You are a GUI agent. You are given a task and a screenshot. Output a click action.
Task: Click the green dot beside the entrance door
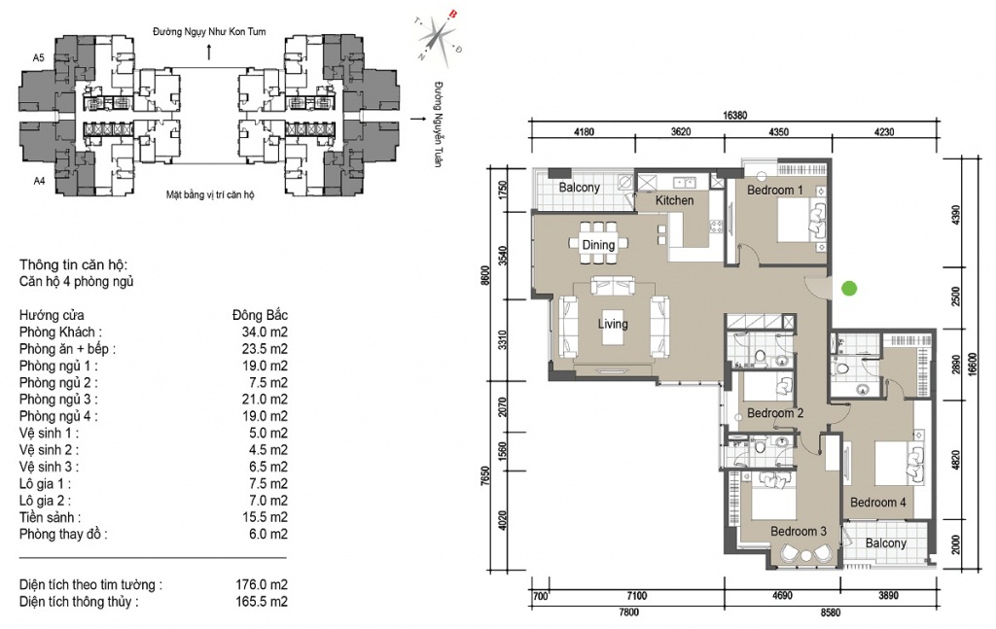click(x=849, y=289)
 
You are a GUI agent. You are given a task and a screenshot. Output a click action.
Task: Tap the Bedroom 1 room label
click(x=775, y=190)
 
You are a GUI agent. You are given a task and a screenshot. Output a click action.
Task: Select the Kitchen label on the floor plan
click(x=675, y=200)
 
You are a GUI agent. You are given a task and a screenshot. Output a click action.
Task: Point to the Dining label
click(x=598, y=245)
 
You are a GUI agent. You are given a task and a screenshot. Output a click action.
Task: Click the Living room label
click(x=613, y=324)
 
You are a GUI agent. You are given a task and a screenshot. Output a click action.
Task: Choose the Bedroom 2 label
click(x=775, y=413)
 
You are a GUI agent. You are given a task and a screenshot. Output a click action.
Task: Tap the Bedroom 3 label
click(x=799, y=531)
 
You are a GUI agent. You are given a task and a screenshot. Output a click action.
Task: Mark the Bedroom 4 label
click(x=878, y=503)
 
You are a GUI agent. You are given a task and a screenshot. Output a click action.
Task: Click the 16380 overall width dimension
click(x=735, y=116)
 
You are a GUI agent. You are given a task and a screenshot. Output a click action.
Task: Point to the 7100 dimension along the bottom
click(x=636, y=595)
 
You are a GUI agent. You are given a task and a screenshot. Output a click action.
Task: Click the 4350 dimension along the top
click(x=779, y=132)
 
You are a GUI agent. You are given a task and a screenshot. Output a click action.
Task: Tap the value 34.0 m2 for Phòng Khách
click(x=265, y=332)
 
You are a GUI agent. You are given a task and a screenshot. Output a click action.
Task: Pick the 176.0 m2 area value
click(x=262, y=584)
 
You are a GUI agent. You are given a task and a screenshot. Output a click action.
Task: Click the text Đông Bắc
click(x=261, y=315)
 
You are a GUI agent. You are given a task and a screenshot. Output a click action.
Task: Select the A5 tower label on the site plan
click(x=39, y=57)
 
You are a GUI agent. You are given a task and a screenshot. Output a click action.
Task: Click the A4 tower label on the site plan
click(x=39, y=181)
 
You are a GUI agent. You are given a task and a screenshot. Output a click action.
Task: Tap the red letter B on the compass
click(x=453, y=14)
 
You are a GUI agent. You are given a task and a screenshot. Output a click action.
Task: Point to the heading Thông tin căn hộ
click(x=74, y=265)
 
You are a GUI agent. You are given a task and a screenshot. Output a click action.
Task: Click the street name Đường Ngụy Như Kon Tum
click(x=209, y=32)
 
